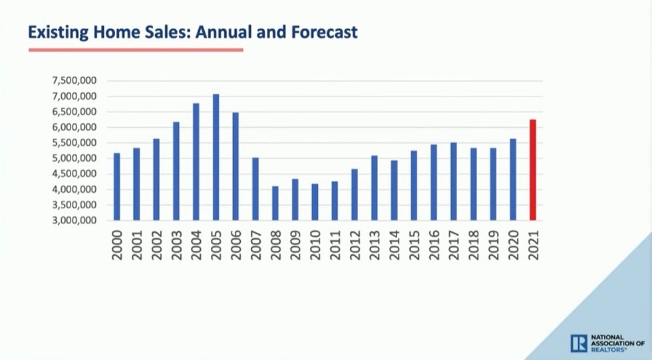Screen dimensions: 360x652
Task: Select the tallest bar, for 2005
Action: pos(216,157)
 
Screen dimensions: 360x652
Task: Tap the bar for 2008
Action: pos(275,203)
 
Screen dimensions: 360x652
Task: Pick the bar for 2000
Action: pos(117,187)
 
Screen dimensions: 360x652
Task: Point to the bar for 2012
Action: pos(355,194)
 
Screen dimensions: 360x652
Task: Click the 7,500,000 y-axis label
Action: pos(74,81)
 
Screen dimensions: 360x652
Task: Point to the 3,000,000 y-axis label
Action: pos(74,220)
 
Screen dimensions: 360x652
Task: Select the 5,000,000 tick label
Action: pos(74,158)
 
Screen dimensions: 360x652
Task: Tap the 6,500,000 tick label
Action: pos(74,112)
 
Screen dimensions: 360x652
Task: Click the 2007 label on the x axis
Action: pos(255,244)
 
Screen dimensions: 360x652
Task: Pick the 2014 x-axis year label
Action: pos(394,244)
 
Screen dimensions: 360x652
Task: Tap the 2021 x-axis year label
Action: pos(532,244)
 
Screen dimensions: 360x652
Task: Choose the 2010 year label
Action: pos(315,244)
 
